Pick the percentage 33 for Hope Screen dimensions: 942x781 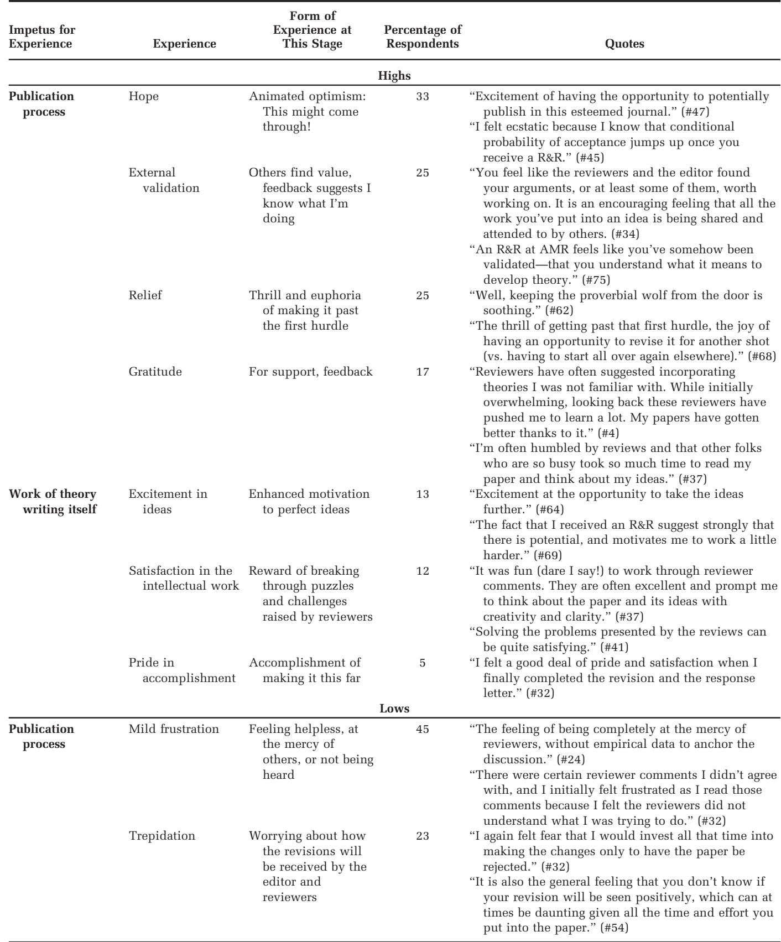tap(422, 96)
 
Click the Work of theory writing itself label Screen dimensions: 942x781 tap(53, 501)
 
